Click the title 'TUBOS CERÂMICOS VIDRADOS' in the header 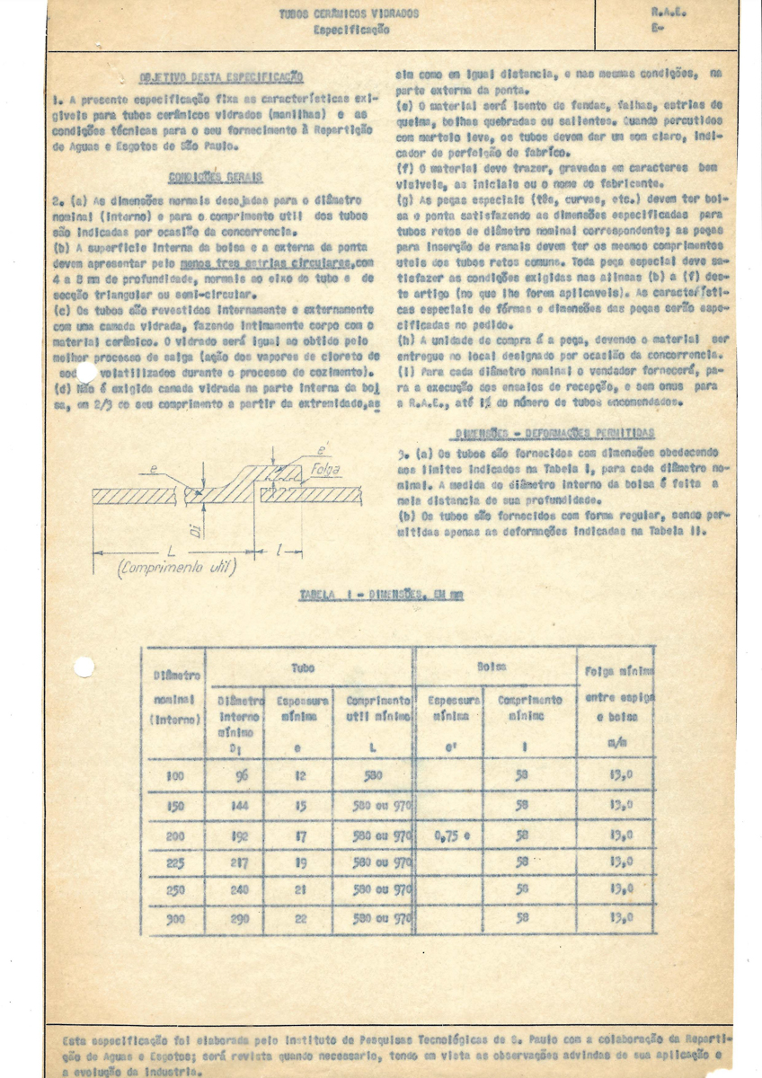point(350,14)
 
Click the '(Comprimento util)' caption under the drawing point(174,568)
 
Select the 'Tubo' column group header point(303,669)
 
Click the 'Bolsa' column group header point(493,667)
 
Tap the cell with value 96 point(240,776)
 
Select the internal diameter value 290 point(240,919)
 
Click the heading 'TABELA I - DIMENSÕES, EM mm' point(380,595)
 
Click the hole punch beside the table point(84,667)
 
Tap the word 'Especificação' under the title point(351,30)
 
